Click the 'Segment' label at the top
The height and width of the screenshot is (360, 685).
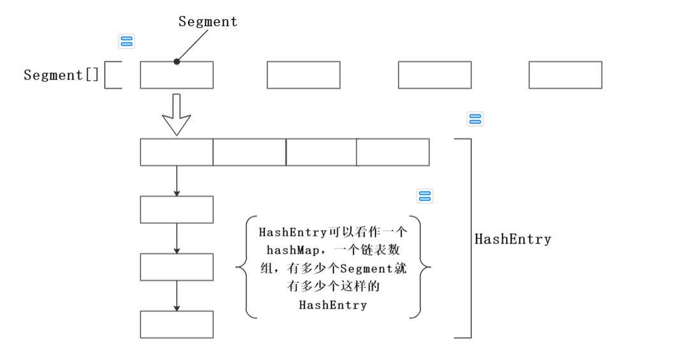point(208,22)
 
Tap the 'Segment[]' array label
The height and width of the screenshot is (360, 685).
point(62,75)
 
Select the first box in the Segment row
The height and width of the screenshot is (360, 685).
point(177,75)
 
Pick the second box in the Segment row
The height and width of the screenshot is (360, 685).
point(303,75)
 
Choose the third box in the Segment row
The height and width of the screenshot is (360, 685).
point(435,75)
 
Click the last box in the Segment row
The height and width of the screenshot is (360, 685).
point(565,75)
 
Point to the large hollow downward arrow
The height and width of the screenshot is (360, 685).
point(177,114)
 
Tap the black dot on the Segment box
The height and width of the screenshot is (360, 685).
point(177,62)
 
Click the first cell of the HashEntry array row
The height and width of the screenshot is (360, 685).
point(177,152)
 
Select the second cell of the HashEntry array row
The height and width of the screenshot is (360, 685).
point(249,152)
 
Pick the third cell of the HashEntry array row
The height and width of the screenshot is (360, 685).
point(321,152)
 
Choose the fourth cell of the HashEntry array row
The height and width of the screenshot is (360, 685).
point(393,152)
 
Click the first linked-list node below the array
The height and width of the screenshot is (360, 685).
point(177,210)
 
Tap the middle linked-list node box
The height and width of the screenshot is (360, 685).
point(177,267)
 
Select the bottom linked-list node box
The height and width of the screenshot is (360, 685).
point(177,324)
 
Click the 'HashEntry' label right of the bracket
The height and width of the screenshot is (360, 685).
point(513,240)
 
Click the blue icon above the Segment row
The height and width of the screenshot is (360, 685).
point(127,41)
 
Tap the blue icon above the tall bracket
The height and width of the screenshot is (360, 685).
point(475,119)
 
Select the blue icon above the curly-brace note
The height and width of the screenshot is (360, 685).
point(424,196)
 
